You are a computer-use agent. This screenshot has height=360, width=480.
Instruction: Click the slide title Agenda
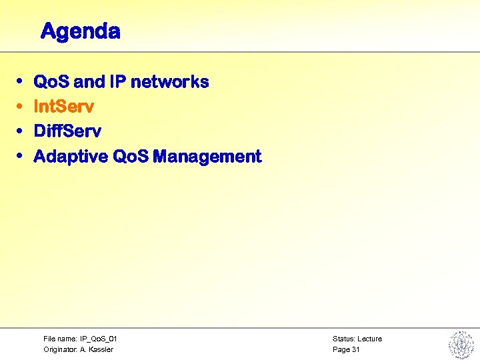(80, 31)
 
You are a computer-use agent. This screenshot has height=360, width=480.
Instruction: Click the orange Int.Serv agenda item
(63, 107)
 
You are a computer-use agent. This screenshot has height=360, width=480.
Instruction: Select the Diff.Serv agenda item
(67, 131)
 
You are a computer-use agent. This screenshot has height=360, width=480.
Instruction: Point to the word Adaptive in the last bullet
(71, 157)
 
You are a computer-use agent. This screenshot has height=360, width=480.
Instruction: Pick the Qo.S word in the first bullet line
(51, 82)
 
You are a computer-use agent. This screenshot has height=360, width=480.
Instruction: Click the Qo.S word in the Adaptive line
(131, 157)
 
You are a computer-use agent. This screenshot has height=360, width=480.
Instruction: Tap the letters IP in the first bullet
(118, 82)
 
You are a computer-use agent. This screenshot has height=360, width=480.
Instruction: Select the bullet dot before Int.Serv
(20, 107)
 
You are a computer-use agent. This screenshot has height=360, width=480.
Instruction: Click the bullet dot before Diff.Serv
(20, 131)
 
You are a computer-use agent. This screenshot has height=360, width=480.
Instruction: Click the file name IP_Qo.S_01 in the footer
(99, 339)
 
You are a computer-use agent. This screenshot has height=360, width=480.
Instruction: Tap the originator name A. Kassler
(97, 349)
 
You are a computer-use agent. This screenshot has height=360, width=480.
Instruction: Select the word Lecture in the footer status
(369, 339)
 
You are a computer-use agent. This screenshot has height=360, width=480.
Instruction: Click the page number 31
(355, 349)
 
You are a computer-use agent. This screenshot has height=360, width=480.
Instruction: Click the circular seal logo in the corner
(460, 344)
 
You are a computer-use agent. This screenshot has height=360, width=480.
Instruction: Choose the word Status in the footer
(343, 339)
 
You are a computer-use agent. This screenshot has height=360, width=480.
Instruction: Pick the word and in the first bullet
(89, 82)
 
